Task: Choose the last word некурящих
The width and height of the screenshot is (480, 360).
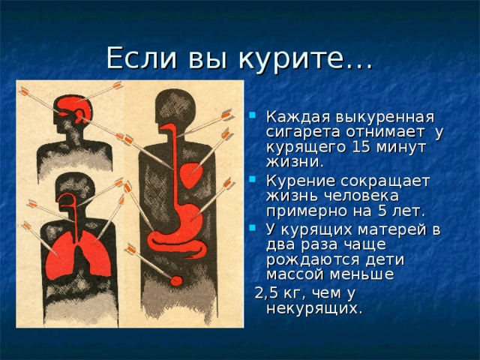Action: point(313,307)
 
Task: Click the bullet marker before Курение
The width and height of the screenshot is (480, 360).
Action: point(254,181)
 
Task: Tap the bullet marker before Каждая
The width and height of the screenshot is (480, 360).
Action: point(254,118)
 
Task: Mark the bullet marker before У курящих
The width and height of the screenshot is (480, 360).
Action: point(254,229)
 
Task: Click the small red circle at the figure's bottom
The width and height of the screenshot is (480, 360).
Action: point(177,280)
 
